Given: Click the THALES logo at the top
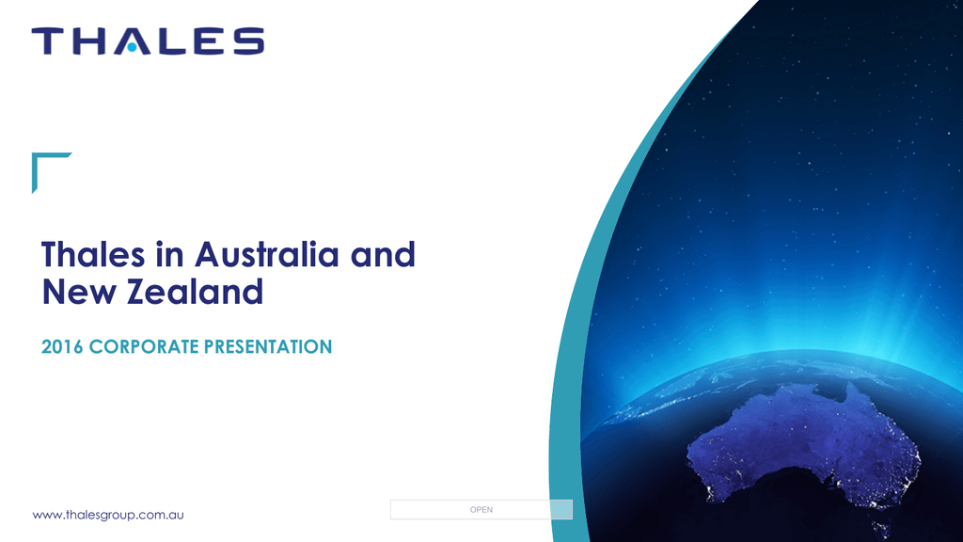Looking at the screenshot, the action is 148,41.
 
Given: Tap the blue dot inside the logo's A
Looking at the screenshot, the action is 132,47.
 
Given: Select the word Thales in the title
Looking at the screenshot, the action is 93,254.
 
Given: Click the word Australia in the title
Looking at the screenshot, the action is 266,254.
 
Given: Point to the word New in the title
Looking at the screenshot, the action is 79,292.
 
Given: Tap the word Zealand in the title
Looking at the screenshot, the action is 196,292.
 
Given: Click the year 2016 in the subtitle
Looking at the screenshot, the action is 61,347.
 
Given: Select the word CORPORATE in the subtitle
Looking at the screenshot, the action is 144,347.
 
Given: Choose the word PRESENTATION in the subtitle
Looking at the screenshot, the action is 268,347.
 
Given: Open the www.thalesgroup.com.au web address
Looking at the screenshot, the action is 108,515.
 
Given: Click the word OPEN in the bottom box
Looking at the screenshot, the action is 481,509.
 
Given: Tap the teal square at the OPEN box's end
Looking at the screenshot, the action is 561,509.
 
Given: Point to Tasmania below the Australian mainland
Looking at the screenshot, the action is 882,529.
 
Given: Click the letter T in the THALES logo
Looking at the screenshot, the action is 47,41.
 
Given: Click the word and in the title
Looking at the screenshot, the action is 383,254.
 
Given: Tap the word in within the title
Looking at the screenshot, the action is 169,254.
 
